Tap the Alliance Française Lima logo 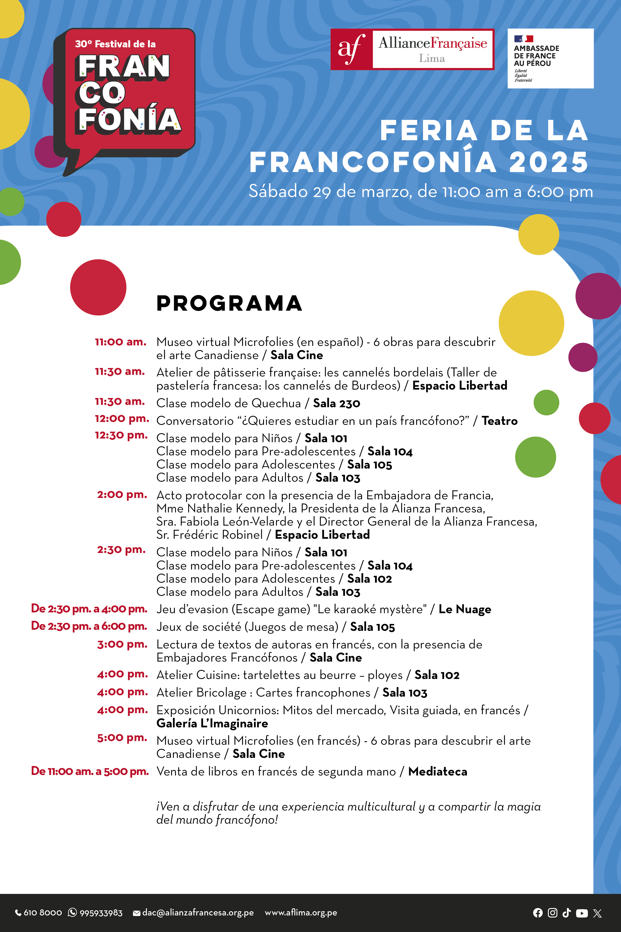click(412, 49)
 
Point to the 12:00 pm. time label click(121, 419)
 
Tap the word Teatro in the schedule click(500, 421)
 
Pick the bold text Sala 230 click(336, 403)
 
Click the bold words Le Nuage click(465, 609)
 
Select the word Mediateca click(438, 772)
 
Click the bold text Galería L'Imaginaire click(212, 724)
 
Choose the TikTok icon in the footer click(566, 913)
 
